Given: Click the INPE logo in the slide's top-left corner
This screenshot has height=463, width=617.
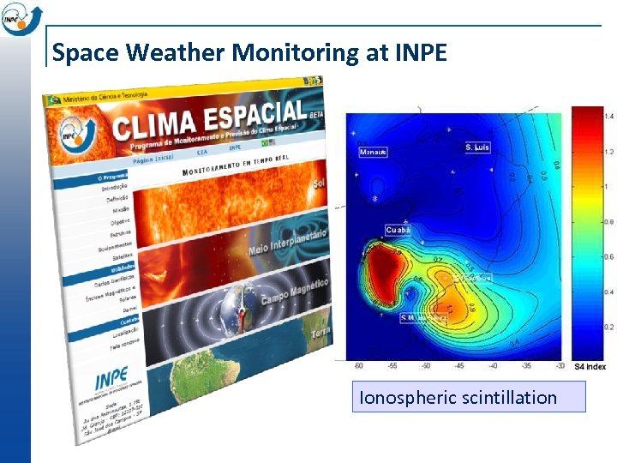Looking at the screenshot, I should point(17,17).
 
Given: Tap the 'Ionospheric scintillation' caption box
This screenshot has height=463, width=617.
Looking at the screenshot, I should point(458,398).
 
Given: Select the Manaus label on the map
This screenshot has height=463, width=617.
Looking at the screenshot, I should point(373,152).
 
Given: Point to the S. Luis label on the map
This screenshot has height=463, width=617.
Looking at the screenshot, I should point(477,147).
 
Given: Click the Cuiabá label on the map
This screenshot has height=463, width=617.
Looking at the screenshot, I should point(398,230).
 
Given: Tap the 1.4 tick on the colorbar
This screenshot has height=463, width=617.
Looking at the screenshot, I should point(608,116).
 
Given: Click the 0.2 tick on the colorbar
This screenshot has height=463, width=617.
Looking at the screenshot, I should point(608,328).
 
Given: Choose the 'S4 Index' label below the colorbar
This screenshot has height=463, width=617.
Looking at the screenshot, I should point(590,367).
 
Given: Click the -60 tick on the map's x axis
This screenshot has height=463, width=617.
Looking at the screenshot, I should point(358,365).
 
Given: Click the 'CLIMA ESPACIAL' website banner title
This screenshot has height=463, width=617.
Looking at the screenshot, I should point(210,120).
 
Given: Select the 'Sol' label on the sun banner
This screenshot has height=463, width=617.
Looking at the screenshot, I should point(319,183).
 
